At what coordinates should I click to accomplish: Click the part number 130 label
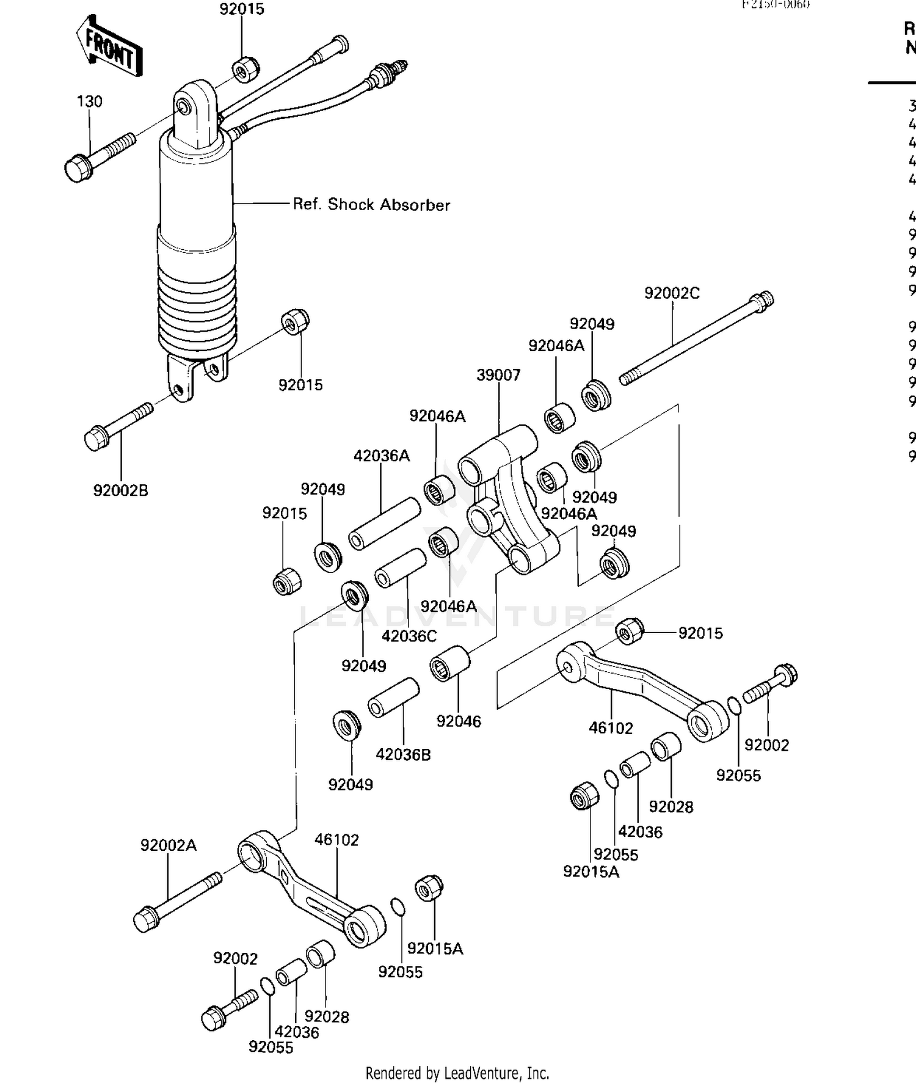[89, 101]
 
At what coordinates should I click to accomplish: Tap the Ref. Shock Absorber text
[371, 205]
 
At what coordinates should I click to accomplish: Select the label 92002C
[672, 293]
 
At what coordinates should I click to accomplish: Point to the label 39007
[498, 375]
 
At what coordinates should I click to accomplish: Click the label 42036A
[382, 456]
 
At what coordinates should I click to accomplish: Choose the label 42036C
[409, 636]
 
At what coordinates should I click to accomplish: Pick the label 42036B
[403, 754]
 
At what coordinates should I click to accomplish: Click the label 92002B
[120, 490]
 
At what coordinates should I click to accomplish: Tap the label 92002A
[169, 845]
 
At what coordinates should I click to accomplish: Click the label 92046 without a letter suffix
[459, 721]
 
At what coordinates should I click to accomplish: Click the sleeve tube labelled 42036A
[384, 524]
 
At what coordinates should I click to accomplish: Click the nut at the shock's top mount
[245, 69]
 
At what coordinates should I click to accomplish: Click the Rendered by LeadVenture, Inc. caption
[457, 1073]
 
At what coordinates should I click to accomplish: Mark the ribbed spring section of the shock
[197, 305]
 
